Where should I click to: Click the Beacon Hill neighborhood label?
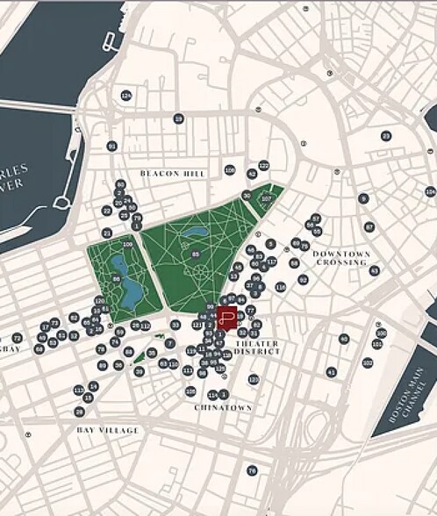(172, 174)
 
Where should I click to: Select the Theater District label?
(257, 347)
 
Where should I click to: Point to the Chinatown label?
(223, 407)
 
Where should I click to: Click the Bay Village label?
(107, 430)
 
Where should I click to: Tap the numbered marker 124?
(126, 95)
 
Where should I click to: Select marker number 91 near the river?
(111, 146)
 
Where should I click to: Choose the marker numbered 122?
(263, 165)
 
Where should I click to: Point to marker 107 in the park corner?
(267, 199)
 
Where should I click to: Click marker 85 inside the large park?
(195, 254)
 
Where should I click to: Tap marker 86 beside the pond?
(117, 279)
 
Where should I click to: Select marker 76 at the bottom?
(252, 470)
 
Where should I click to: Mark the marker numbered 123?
(254, 379)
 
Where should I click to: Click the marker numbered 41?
(331, 372)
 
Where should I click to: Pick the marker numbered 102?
(368, 362)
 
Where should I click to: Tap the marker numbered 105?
(190, 391)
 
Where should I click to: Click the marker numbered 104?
(430, 191)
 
